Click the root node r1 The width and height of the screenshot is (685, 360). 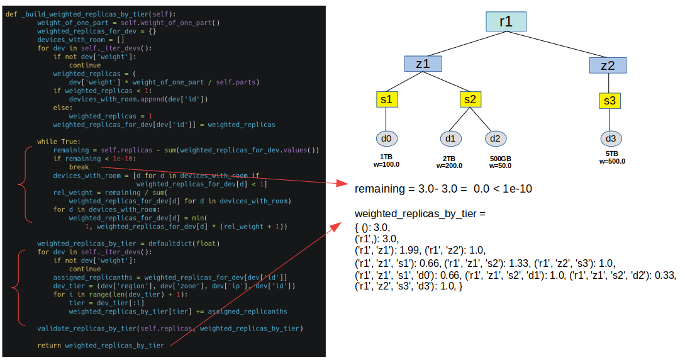click(x=506, y=21)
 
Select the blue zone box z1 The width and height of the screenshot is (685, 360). click(x=423, y=64)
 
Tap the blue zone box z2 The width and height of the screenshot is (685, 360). click(x=608, y=65)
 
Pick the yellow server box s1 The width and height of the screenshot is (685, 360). click(x=387, y=99)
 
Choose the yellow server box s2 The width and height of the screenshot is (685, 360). click(x=470, y=99)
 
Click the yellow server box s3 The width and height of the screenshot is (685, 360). click(x=610, y=101)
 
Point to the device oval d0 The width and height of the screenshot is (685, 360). click(x=386, y=138)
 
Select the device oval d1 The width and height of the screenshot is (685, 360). click(x=450, y=138)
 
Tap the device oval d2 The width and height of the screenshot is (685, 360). click(x=496, y=138)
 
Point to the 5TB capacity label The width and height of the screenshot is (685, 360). click(x=611, y=154)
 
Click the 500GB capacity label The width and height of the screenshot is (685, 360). click(x=501, y=159)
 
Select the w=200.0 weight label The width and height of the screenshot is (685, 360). click(x=449, y=166)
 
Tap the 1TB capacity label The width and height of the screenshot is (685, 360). click(x=386, y=156)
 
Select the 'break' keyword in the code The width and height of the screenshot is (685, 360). click(x=79, y=167)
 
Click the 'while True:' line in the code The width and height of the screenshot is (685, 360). click(x=58, y=142)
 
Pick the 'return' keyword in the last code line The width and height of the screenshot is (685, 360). click(x=49, y=345)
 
